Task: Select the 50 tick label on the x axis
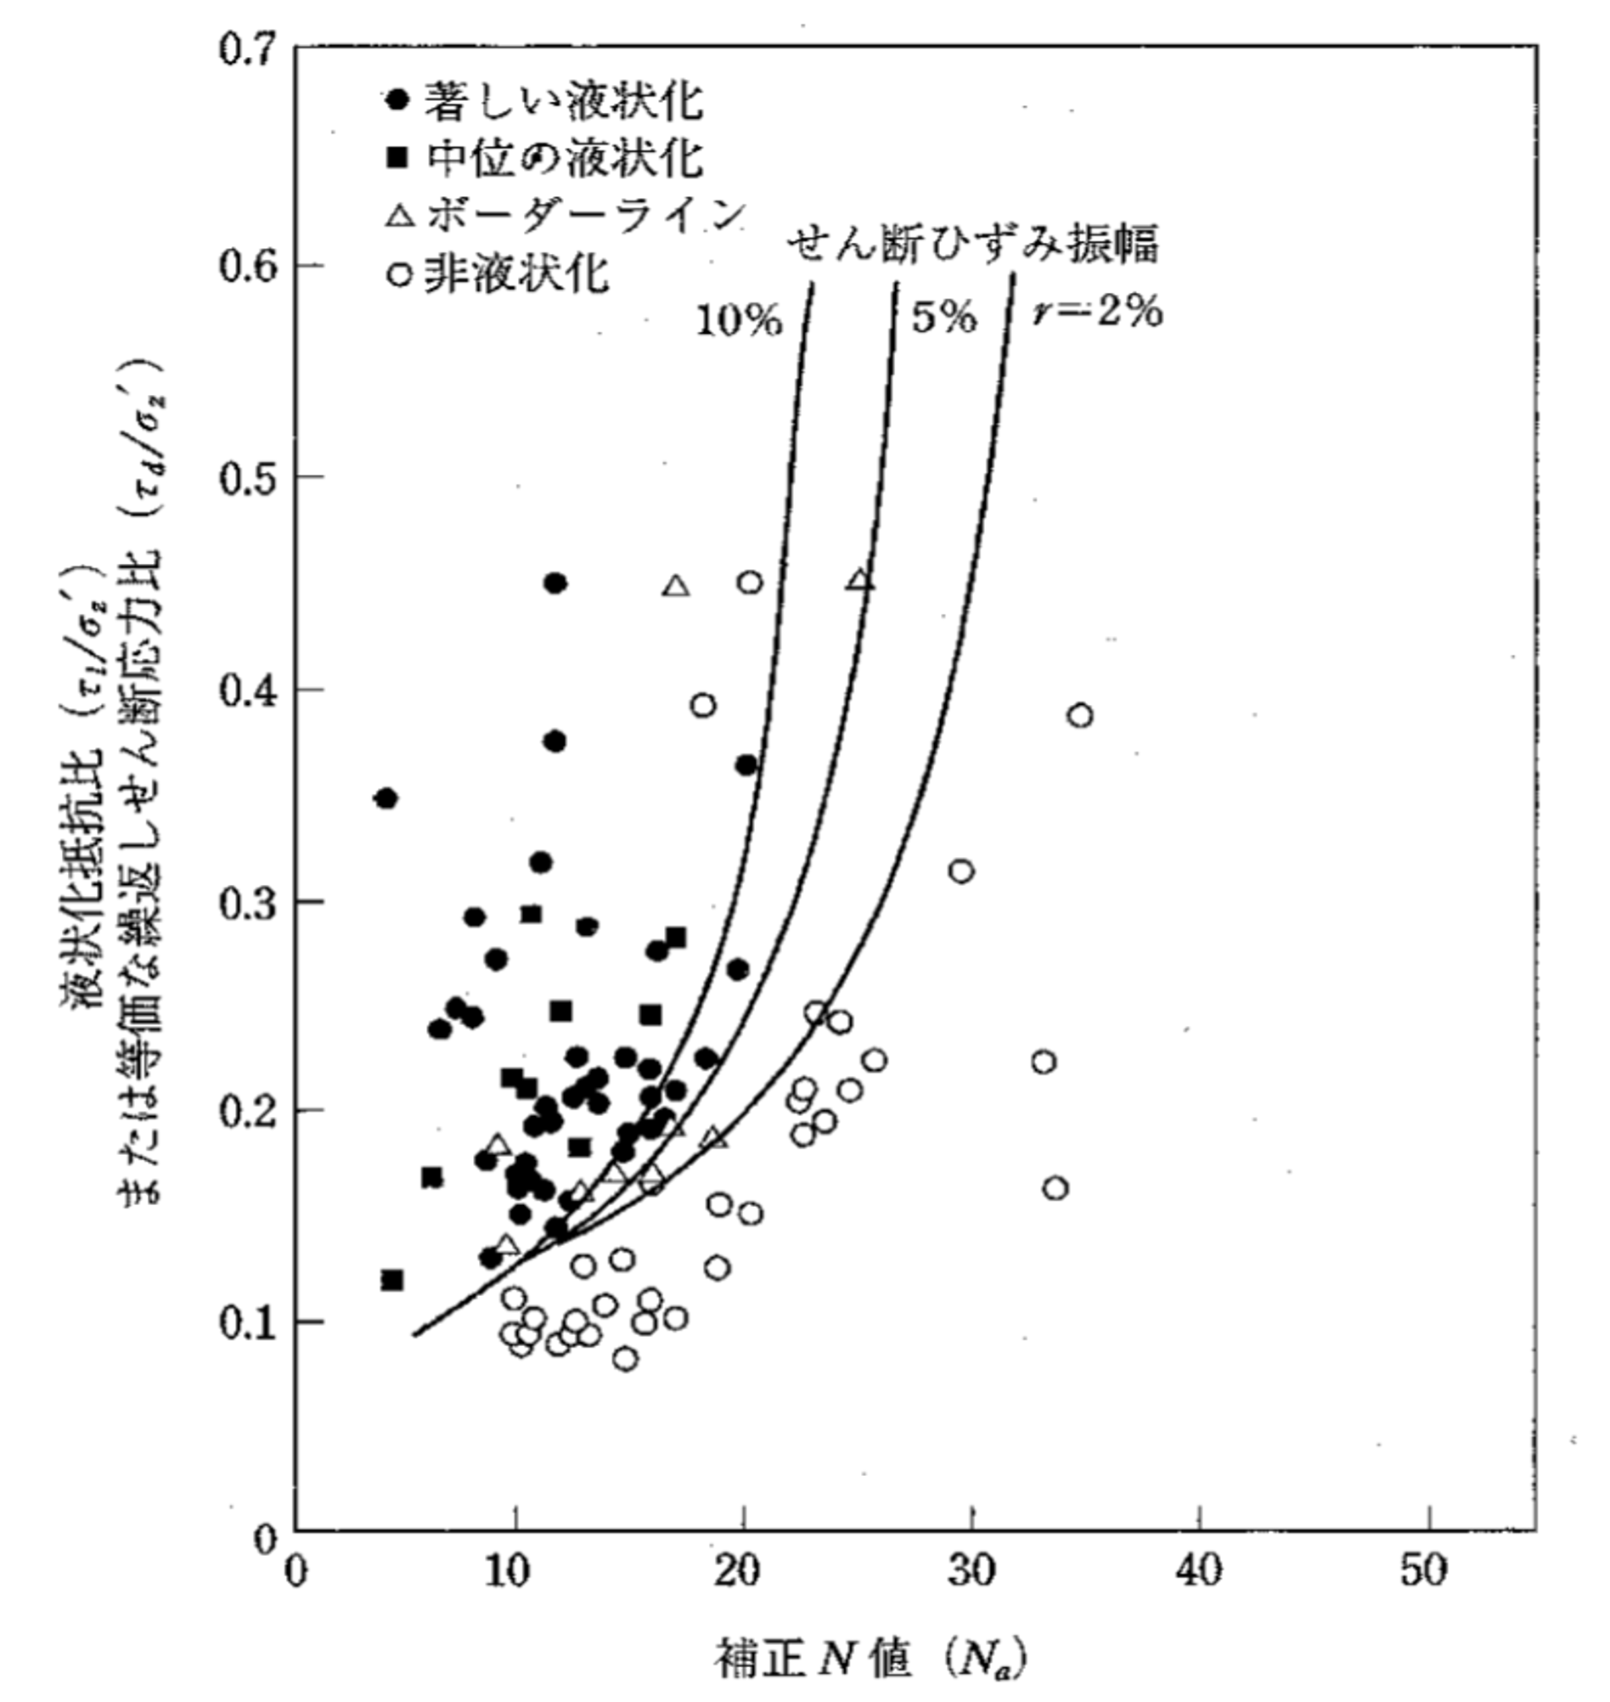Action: [x=1427, y=1570]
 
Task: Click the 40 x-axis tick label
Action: [x=1199, y=1570]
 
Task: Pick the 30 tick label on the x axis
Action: [x=971, y=1570]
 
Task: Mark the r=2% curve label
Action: [x=1097, y=313]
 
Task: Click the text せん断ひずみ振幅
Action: [x=973, y=244]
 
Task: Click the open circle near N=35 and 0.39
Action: [x=1079, y=715]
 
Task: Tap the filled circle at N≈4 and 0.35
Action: [x=386, y=798]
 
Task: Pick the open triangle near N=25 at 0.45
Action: [x=860, y=581]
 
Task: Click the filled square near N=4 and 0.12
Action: [x=392, y=1280]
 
